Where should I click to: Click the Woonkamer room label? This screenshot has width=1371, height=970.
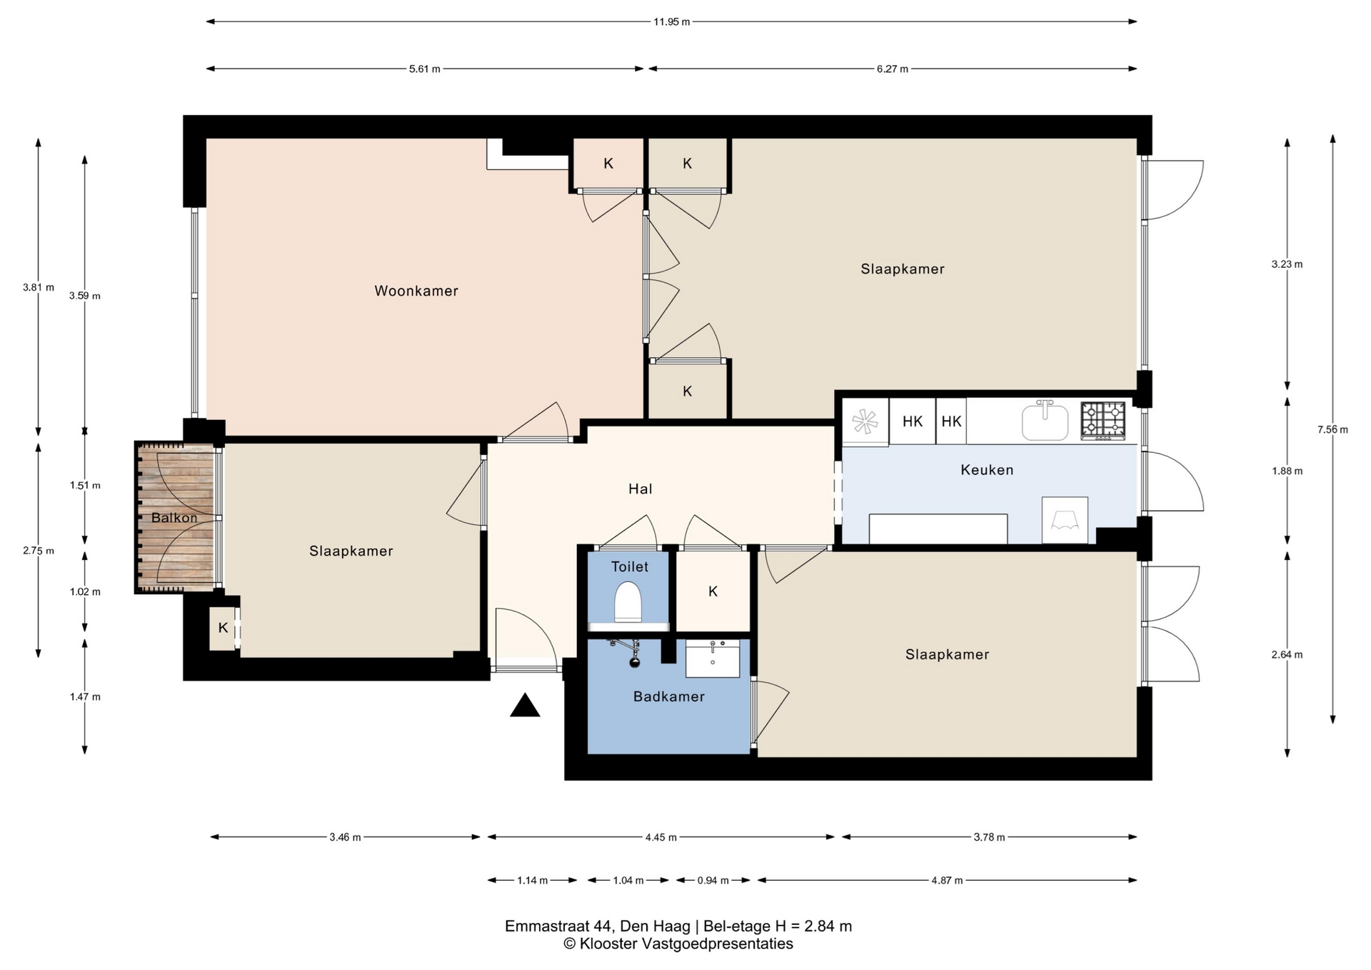pos(416,291)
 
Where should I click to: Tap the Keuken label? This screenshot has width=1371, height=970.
pos(987,470)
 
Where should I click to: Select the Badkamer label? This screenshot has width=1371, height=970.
pos(669,696)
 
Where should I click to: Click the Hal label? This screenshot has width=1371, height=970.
pos(641,489)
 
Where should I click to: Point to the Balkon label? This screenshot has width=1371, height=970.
pos(174,518)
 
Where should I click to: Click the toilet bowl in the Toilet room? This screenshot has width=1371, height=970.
pos(628,602)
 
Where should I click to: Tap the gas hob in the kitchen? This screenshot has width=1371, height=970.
pos(1103,420)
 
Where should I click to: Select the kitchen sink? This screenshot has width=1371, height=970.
pos(1045,420)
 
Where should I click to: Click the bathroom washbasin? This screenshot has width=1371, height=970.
pos(713,658)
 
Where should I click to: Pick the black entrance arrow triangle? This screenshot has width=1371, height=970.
pos(525,705)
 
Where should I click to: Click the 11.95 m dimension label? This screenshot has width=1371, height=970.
pos(672,21)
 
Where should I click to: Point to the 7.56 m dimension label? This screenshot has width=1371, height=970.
pos(1332,429)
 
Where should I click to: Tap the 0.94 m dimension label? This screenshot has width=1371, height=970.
pos(713,880)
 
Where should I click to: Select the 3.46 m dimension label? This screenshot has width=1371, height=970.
pos(345,837)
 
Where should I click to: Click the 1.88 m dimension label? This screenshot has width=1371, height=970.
pos(1287,471)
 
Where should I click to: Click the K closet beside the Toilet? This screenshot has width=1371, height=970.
pos(713,591)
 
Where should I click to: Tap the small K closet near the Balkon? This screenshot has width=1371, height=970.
pos(223,628)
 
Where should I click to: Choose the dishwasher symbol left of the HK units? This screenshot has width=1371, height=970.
pos(865,421)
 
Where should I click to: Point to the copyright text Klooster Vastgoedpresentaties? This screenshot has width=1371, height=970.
pos(678,944)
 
